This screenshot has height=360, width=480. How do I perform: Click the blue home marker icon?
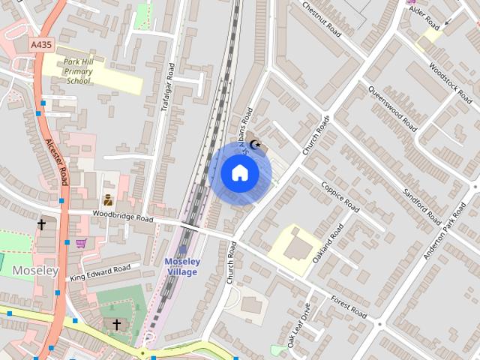pyautogui.click(x=239, y=173)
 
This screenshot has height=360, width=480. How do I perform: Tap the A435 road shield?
pyautogui.click(x=41, y=46)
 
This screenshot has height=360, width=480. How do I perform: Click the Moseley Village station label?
pyautogui.click(x=182, y=266)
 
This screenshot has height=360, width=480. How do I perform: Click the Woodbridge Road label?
pyautogui.click(x=123, y=216)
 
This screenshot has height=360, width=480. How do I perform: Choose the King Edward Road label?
pyautogui.click(x=100, y=272)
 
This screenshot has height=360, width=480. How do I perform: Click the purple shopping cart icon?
pyautogui.click(x=80, y=243)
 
